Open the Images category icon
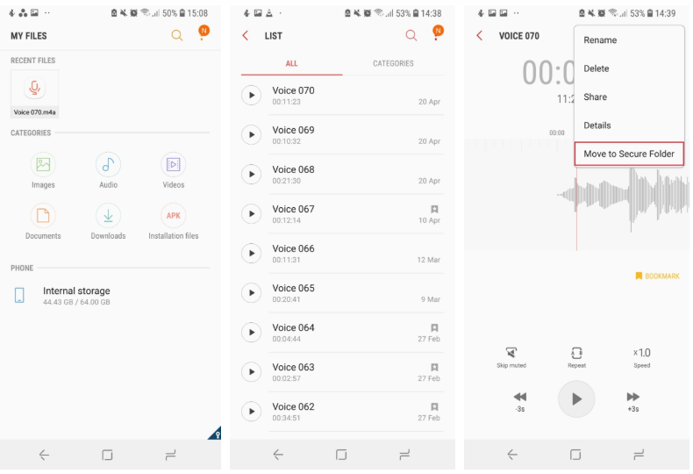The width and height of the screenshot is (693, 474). [43, 164]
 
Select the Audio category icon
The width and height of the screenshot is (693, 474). [108, 164]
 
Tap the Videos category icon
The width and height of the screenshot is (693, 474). [174, 164]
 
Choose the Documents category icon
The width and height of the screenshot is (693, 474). [43, 216]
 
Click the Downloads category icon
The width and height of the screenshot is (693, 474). [108, 216]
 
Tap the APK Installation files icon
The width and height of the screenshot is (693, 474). [174, 216]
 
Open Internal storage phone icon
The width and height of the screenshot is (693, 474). [19, 295]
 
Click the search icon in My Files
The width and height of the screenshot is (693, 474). [177, 35]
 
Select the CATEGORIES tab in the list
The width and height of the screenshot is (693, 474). [393, 64]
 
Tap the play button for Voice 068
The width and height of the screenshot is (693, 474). [252, 174]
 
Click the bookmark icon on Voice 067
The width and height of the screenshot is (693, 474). [434, 209]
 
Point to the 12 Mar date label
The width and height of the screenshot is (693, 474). [429, 260]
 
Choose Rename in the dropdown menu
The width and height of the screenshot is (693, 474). [600, 40]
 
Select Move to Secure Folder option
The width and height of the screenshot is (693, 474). [629, 154]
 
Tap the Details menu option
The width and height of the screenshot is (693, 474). [597, 126]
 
